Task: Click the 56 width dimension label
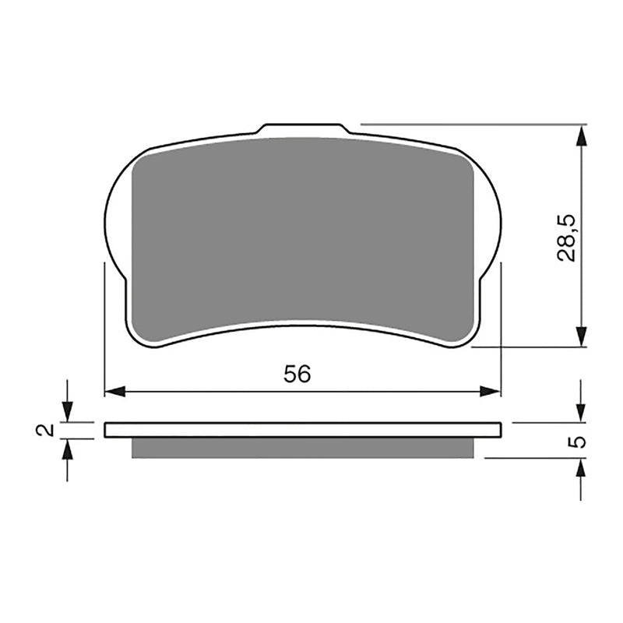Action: coord(297,374)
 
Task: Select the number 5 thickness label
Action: coord(577,442)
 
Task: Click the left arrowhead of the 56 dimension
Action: coord(114,391)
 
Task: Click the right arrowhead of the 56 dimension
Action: coord(491,391)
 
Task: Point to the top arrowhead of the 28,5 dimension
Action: coord(581,136)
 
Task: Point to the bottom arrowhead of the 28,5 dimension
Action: coord(581,336)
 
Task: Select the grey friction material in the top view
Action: coord(302,234)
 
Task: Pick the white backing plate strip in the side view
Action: coord(302,429)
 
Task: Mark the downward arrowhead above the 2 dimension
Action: coord(67,413)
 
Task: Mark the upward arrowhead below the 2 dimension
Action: coord(67,449)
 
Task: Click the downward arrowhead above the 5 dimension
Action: coord(581,413)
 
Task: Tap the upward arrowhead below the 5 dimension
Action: coord(581,467)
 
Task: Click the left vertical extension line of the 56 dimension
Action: coord(104,327)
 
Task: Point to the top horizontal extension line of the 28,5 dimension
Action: coord(467,124)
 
